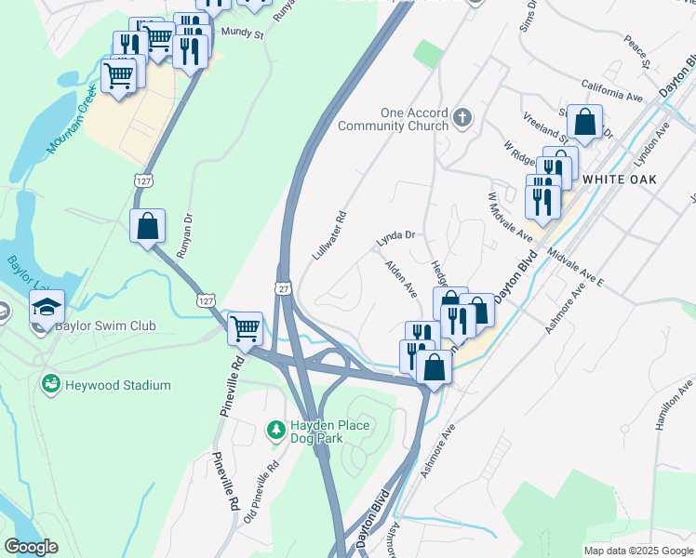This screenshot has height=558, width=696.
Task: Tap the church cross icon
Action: point(463,119)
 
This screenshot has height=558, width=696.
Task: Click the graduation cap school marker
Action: point(47,306)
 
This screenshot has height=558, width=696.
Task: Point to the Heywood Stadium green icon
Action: point(51,383)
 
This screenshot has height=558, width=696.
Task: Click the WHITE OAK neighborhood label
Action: point(620,179)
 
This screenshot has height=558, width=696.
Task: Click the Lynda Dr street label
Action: point(395,239)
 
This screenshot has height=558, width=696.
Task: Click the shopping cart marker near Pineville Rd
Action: point(245,327)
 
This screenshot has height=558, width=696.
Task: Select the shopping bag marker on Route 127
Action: point(148,226)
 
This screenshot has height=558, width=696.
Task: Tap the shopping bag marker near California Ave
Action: point(585,121)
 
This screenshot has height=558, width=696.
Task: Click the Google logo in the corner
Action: point(31,547)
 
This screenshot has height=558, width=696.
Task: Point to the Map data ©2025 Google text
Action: point(638,551)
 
